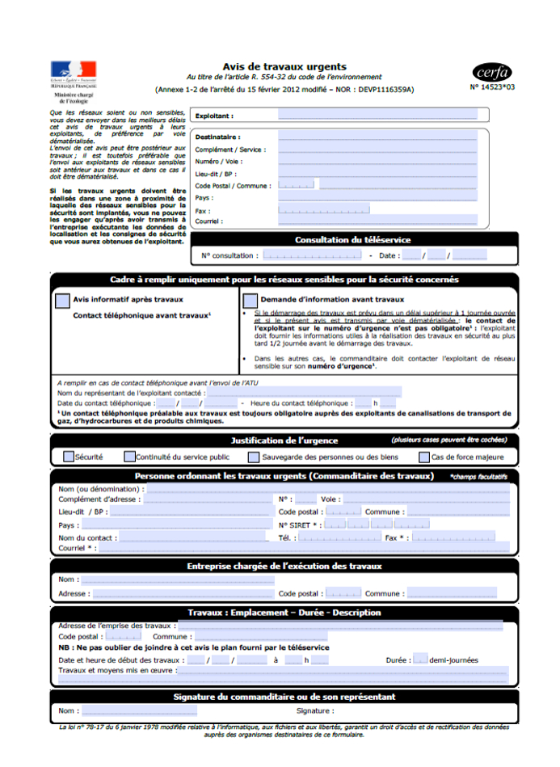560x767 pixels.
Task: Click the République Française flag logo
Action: click(73, 70)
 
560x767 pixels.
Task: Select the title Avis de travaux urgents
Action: click(284, 67)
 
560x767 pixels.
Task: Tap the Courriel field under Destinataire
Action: click(377, 221)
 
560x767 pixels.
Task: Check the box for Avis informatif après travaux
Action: click(62, 300)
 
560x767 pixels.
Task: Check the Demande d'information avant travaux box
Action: click(250, 300)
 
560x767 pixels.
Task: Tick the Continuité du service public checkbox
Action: click(129, 457)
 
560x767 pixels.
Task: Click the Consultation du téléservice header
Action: click(352, 240)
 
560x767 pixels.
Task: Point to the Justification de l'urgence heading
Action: click(284, 440)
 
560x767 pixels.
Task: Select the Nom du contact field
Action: click(193, 537)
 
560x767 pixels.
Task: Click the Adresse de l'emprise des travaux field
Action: click(339, 626)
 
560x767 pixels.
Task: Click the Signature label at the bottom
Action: click(314, 711)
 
